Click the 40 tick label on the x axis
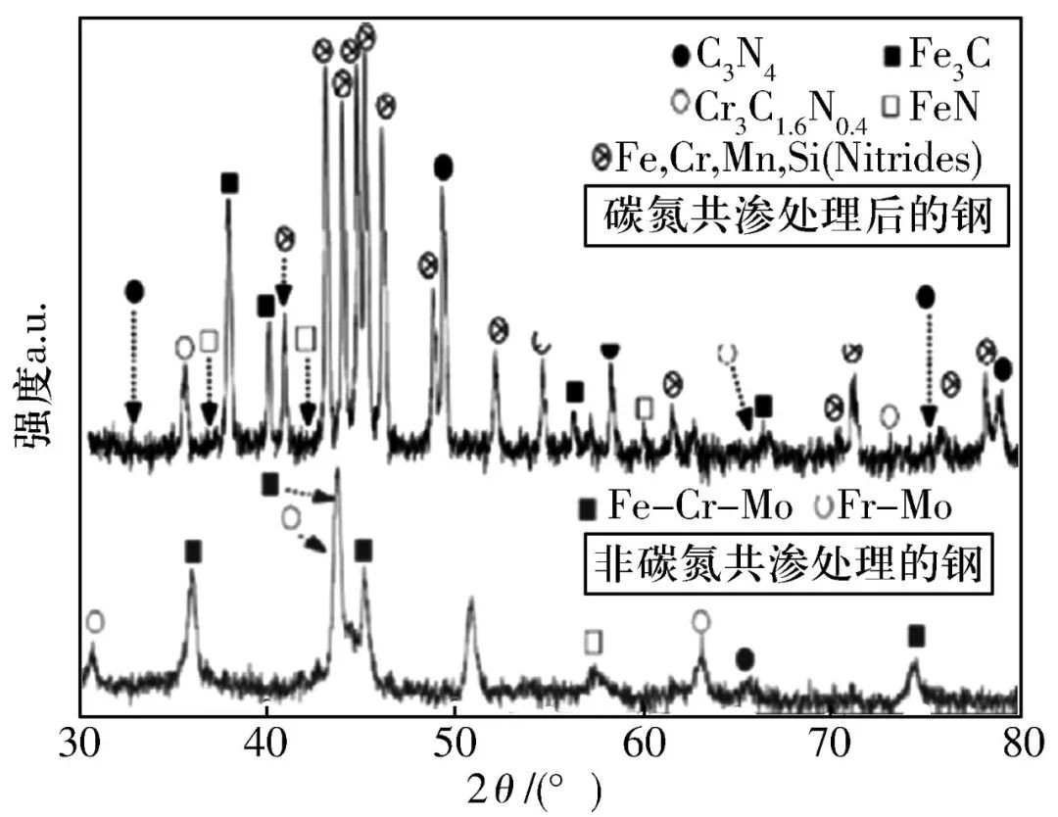pos(265,741)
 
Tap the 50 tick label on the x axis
pos(455,741)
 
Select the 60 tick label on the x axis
pos(643,741)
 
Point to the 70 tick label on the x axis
pos(831,741)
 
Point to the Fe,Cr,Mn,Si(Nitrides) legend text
pos(797,157)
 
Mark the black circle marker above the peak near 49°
pos(443,168)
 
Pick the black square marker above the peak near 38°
pos(229,182)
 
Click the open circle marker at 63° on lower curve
pos(700,621)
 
